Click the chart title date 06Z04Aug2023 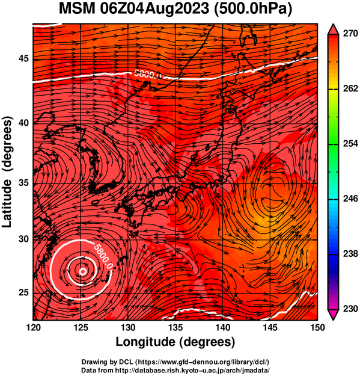[154, 9]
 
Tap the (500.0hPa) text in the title [253, 10]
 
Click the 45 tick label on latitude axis [23, 58]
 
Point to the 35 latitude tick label [23, 183]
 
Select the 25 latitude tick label [23, 292]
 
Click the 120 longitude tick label [33, 327]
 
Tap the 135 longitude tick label [176, 327]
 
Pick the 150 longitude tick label [317, 327]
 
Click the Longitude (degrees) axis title [175, 342]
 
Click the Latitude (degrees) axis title [7, 172]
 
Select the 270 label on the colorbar [350, 34]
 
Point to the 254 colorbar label [350, 144]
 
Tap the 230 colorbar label [350, 309]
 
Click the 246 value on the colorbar [350, 199]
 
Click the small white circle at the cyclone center [83, 272]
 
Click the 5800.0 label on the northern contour [148, 75]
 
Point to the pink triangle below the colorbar [333, 315]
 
